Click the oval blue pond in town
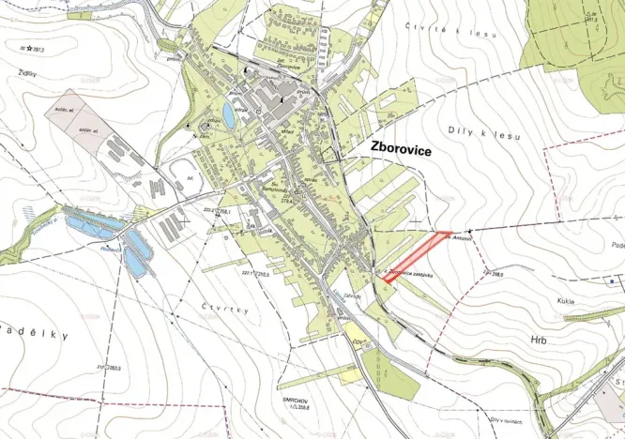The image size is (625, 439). (x=229, y=115)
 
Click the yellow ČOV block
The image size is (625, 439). (x=358, y=335)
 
